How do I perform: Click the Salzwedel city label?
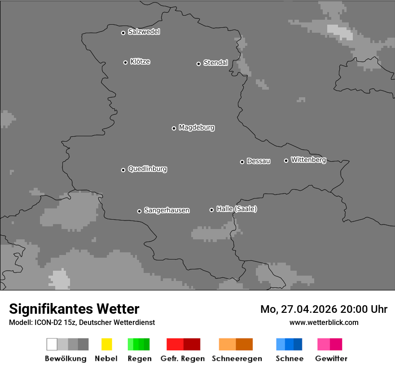[144, 32]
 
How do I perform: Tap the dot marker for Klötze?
[125, 62]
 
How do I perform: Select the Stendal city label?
[215, 63]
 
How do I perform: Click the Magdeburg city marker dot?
[174, 128]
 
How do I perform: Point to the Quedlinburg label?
[147, 169]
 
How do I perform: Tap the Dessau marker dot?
[242, 162]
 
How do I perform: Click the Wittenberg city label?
[308, 160]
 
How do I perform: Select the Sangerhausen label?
[167, 210]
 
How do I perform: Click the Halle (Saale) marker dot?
[211, 210]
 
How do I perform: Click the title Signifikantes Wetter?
[74, 309]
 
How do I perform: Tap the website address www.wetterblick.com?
[324, 322]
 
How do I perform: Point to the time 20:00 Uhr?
[364, 309]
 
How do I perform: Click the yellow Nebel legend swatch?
[106, 344]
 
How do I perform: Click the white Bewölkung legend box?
[52, 344]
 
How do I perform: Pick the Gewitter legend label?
[331, 359]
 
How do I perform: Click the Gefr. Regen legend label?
[183, 359]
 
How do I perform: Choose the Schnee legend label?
[289, 359]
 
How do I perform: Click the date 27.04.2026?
[309, 309]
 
